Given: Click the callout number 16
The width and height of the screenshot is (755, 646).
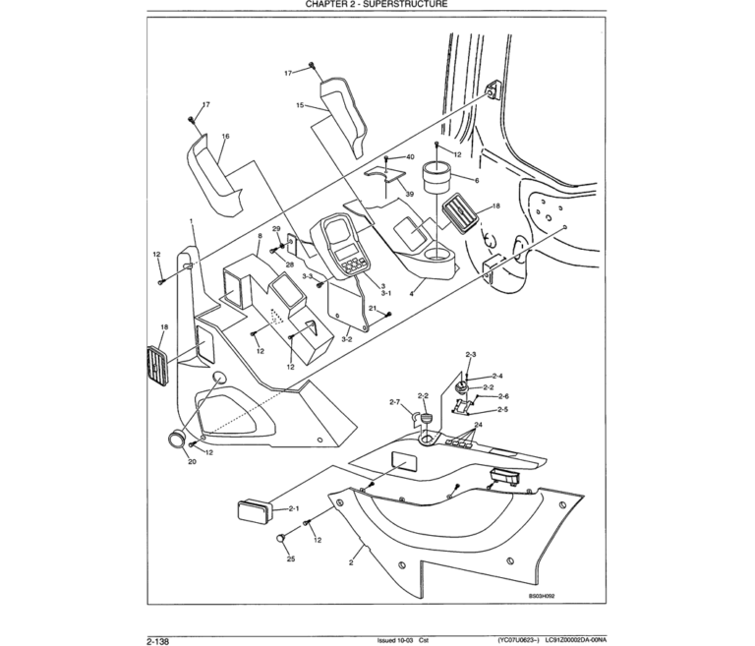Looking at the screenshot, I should (x=224, y=137).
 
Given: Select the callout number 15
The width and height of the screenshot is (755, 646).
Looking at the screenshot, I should (x=298, y=103).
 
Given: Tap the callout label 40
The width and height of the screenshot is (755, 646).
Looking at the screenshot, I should (x=409, y=157).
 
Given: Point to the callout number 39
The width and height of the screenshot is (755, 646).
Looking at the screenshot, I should (x=409, y=194).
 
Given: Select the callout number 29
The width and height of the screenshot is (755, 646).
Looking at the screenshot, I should (x=276, y=229).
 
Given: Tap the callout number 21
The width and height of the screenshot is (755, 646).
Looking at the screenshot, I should (x=373, y=308).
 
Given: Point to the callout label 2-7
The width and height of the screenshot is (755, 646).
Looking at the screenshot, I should (x=394, y=401).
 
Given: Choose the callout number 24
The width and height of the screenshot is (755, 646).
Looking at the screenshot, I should (x=479, y=426).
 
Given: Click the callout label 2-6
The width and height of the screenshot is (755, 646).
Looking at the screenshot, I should (x=502, y=395).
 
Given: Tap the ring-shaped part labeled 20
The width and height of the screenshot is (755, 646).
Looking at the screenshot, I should (x=178, y=440).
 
